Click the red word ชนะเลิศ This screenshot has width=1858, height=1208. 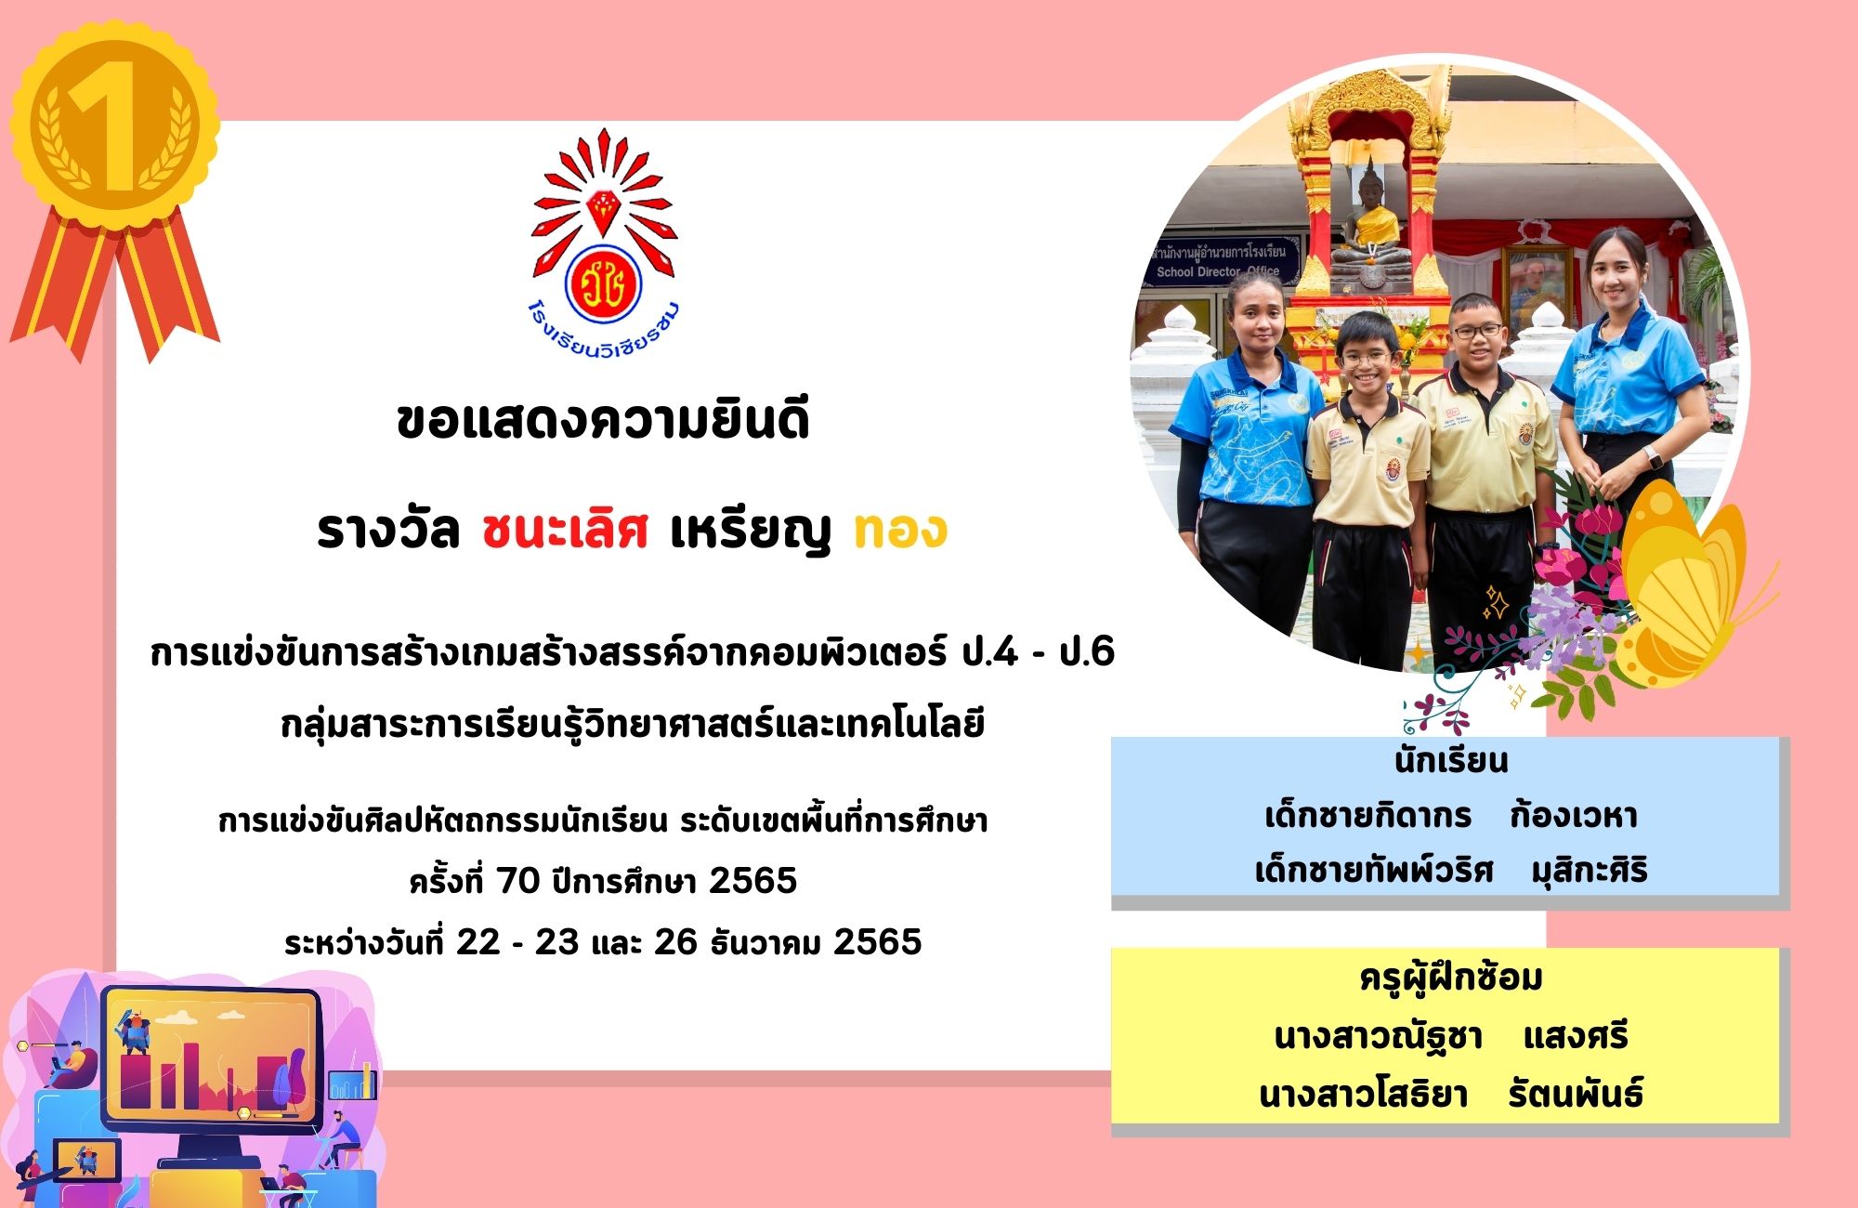[565, 531]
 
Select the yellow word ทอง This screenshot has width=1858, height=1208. [900, 530]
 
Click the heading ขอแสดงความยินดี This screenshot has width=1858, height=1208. [603, 420]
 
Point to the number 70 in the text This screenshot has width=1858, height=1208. [517, 880]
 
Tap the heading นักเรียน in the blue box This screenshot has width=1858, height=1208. [1451, 761]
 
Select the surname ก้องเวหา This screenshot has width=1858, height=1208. [1573, 815]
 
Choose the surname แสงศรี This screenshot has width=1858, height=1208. [1576, 1036]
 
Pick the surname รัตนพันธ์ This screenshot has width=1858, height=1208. [1576, 1093]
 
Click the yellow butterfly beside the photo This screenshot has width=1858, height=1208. [1686, 585]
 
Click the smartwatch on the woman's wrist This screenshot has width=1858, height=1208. [1651, 456]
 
